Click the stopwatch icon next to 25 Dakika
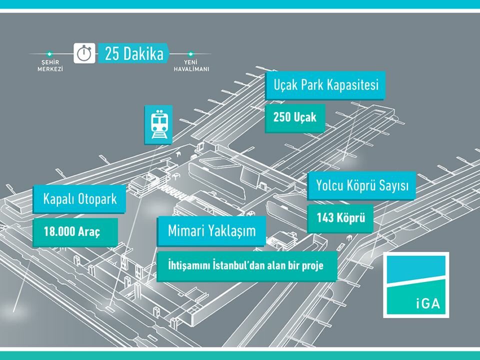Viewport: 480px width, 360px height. click(x=84, y=53)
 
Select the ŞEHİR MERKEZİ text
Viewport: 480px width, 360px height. click(x=50, y=65)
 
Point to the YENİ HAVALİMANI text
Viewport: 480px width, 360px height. click(x=191, y=65)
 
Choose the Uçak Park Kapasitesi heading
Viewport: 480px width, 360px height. click(x=325, y=84)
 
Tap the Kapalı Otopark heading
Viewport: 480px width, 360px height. click(x=79, y=199)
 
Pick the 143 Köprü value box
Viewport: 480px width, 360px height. click(x=340, y=218)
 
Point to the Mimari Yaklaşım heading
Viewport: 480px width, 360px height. click(x=211, y=230)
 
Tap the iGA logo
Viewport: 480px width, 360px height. click(x=415, y=284)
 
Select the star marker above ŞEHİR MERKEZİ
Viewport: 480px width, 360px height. click(x=49, y=53)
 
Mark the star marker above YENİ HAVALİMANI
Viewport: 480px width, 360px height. click(x=190, y=53)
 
